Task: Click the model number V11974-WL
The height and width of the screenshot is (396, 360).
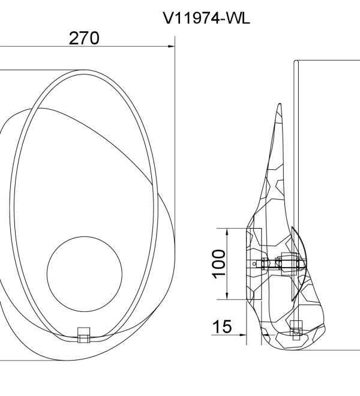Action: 206,18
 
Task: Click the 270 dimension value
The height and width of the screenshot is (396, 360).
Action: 84,38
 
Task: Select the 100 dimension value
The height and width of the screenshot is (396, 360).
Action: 219,264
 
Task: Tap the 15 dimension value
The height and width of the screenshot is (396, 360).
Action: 222,326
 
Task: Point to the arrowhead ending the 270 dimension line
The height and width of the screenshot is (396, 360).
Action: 172,46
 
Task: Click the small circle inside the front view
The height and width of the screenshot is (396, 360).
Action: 85,274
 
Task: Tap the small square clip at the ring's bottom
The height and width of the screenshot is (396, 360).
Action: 83,335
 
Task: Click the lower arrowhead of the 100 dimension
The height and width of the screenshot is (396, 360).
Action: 227,296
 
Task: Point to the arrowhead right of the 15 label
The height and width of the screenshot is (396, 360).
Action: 243,335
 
